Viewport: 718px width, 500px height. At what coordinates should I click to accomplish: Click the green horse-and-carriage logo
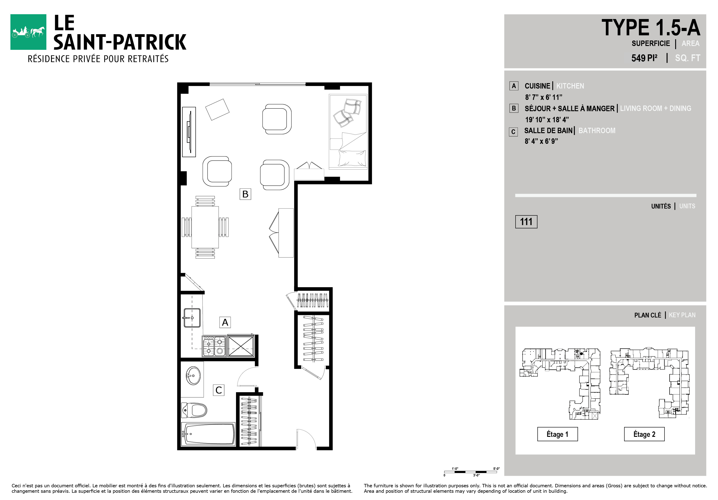click(28, 32)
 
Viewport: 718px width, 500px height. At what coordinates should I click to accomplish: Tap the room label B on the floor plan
click(245, 194)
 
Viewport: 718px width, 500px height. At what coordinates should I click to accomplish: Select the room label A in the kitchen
click(225, 322)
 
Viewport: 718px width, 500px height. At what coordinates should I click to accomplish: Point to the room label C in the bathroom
click(219, 390)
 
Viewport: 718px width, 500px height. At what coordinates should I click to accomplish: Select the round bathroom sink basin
click(193, 376)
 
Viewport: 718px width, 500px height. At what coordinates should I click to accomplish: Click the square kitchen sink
click(192, 318)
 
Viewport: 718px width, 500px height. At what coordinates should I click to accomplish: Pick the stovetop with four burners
click(214, 346)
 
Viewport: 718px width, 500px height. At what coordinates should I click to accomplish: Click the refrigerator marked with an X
click(241, 346)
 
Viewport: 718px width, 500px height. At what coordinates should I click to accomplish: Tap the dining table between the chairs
click(205, 227)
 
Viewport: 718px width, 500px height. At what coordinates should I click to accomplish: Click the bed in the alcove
click(348, 132)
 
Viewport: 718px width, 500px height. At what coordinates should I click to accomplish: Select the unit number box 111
click(526, 222)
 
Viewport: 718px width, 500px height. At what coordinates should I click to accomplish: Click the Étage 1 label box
click(557, 434)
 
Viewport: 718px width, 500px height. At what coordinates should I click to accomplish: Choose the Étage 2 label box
click(644, 434)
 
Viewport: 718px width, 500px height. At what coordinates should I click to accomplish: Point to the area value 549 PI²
click(644, 58)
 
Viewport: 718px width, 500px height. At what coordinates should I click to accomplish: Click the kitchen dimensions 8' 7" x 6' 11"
click(543, 97)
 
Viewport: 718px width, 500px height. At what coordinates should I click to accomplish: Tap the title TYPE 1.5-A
click(651, 27)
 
